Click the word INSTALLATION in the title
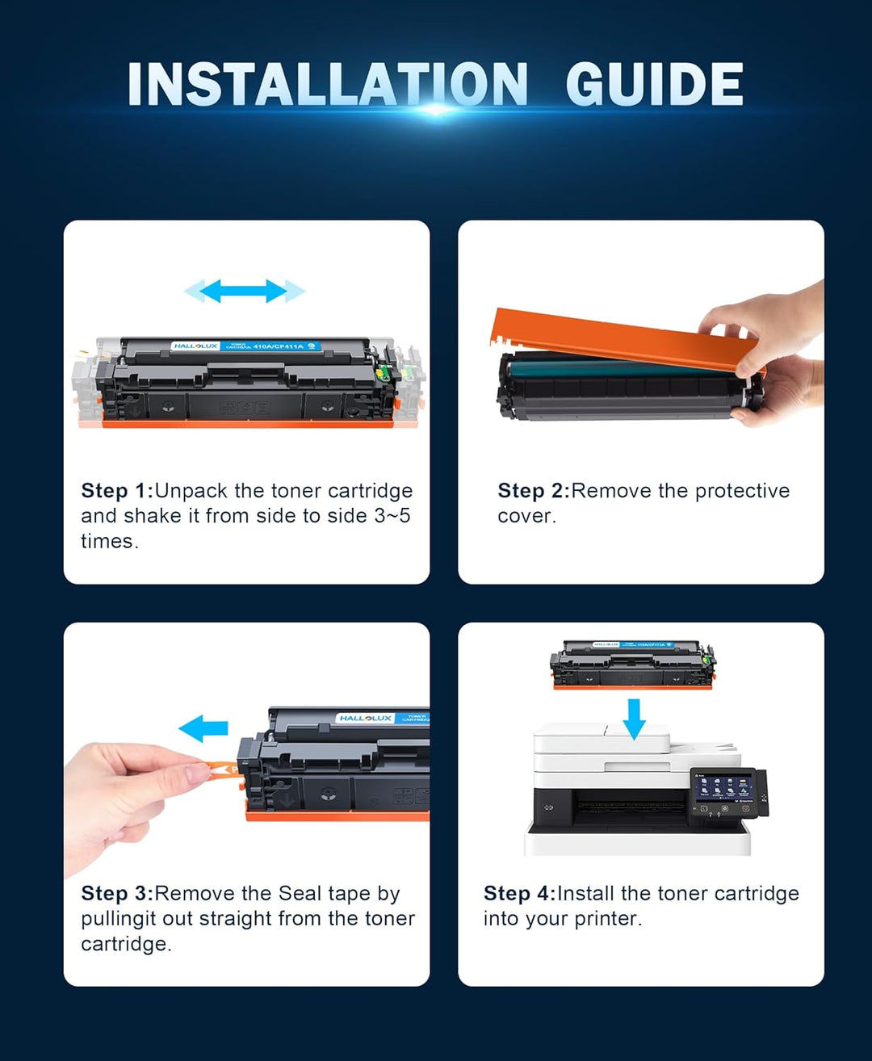(327, 84)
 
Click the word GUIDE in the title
(654, 84)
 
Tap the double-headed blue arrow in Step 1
(244, 291)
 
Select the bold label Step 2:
(534, 491)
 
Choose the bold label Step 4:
(519, 894)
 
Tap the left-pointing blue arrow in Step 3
(203, 728)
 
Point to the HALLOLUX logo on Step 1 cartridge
(195, 346)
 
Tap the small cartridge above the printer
(632, 664)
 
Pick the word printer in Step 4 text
(610, 920)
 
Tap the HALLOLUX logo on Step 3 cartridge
(366, 718)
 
